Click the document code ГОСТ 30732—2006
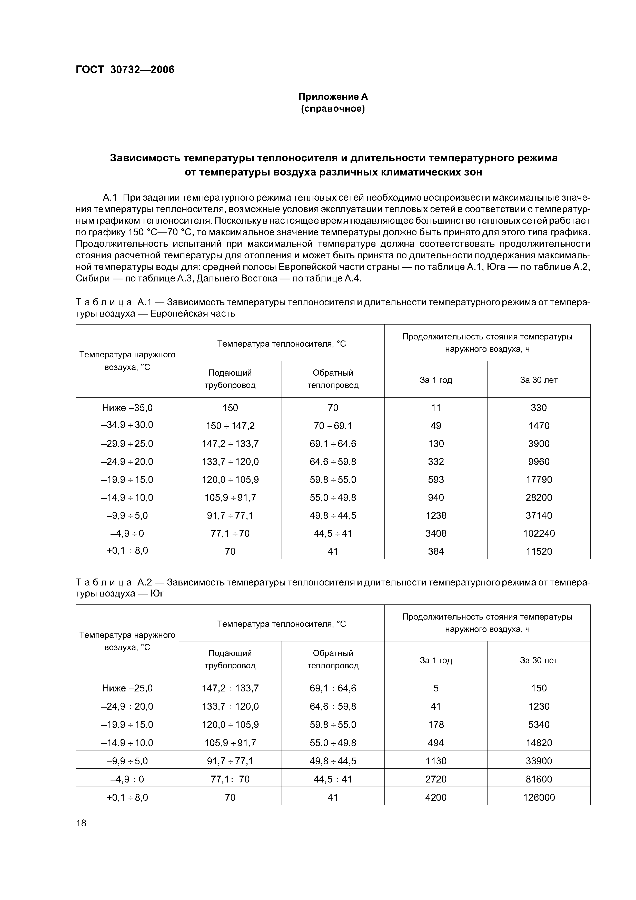coord(125,70)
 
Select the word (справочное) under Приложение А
coord(333,109)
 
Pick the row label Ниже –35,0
coord(127,408)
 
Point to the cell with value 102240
coord(539,533)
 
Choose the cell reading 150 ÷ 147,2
coord(230,426)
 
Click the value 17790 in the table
coord(539,480)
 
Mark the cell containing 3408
coord(436,533)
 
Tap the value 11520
coord(539,552)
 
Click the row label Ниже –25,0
coord(127,688)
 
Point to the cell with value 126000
coord(539,797)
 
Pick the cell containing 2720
coord(436,779)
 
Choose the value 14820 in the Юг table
coord(539,743)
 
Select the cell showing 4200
coord(436,797)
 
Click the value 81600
coord(539,779)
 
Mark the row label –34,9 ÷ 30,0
coord(127,425)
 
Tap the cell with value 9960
coord(539,461)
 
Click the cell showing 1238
coord(436,515)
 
